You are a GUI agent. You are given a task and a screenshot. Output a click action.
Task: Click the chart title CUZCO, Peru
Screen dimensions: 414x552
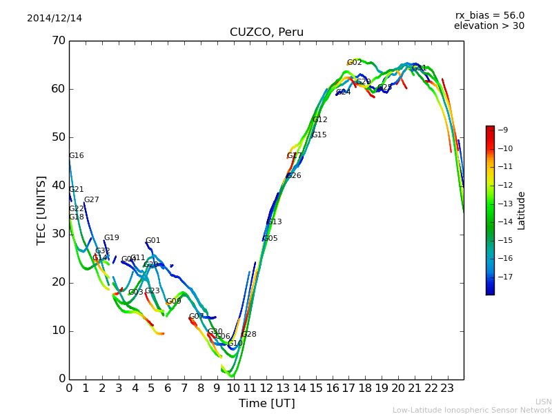tap(266, 32)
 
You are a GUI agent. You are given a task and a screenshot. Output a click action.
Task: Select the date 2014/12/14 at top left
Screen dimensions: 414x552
tap(55, 18)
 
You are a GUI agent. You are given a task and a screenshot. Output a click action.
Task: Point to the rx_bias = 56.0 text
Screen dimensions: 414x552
tap(490, 15)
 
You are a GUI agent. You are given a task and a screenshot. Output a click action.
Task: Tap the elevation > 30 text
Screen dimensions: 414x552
tap(489, 26)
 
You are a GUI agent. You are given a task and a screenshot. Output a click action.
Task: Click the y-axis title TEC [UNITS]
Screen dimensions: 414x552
tap(41, 210)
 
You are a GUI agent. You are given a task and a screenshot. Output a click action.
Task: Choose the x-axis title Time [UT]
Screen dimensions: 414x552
tap(266, 403)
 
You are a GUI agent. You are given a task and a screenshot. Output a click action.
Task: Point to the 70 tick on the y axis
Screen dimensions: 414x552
tap(58, 41)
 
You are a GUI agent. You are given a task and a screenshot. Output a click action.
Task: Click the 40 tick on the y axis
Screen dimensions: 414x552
tap(58, 186)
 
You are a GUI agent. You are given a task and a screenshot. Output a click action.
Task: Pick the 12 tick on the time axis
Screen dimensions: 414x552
tap(266, 388)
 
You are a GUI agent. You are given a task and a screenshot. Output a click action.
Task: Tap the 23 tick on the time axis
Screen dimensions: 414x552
tap(447, 388)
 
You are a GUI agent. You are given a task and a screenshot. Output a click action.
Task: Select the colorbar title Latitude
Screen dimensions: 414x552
tap(522, 210)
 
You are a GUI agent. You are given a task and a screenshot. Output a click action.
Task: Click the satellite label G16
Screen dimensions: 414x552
tap(77, 156)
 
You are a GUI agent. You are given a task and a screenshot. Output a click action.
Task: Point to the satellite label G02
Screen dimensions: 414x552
tap(355, 63)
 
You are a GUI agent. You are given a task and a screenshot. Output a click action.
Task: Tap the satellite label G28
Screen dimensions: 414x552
tap(248, 335)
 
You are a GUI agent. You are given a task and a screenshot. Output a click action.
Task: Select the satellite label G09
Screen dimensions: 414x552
tap(174, 302)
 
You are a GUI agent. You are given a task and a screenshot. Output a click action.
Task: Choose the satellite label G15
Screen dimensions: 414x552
tap(319, 135)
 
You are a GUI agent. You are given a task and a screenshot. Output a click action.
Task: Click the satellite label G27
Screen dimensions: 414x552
tap(92, 200)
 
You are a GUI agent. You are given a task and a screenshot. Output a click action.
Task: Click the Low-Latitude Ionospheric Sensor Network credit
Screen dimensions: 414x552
tap(472, 410)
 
